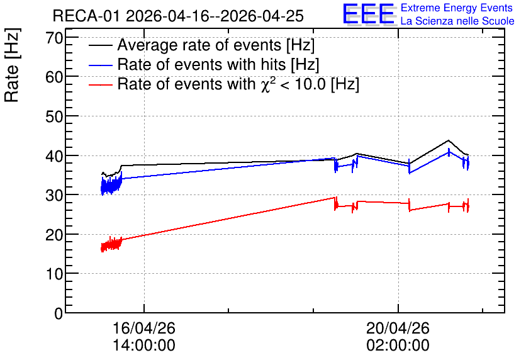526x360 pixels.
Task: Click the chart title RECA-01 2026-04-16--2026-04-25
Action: pyautogui.click(x=178, y=16)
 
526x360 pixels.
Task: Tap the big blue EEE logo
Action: pyautogui.click(x=369, y=14)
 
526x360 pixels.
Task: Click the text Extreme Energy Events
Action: pyautogui.click(x=457, y=8)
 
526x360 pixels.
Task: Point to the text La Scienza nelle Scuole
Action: pyautogui.click(x=457, y=21)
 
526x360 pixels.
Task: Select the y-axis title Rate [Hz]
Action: pyautogui.click(x=12, y=65)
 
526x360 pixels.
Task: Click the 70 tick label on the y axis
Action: pyautogui.click(x=54, y=38)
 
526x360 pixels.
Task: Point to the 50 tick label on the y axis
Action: pyautogui.click(x=54, y=116)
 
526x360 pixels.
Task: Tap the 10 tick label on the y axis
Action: pyautogui.click(x=54, y=274)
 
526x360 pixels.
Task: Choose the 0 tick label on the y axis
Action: pyautogui.click(x=59, y=313)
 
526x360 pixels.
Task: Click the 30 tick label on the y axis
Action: pyautogui.click(x=54, y=195)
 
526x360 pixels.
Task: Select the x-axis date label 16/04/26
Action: pyautogui.click(x=144, y=328)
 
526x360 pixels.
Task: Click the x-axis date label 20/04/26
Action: pyautogui.click(x=398, y=328)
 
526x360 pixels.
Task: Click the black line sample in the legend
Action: pyautogui.click(x=101, y=45)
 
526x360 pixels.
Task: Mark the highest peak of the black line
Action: pyautogui.click(x=449, y=140)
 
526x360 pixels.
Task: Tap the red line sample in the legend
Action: pyautogui.click(x=101, y=85)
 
